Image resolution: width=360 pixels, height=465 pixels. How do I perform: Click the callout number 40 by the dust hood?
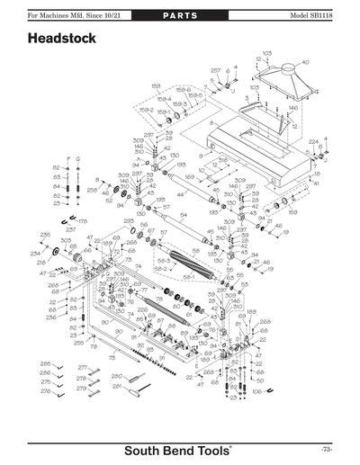[x=305, y=62]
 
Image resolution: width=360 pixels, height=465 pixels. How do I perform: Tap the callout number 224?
[x=312, y=142]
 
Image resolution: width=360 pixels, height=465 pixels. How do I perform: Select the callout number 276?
[x=46, y=390]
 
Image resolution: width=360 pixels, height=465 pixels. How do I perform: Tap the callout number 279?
[x=82, y=389]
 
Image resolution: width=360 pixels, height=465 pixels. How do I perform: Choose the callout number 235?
[x=45, y=235]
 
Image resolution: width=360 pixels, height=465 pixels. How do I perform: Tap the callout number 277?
[x=82, y=368]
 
